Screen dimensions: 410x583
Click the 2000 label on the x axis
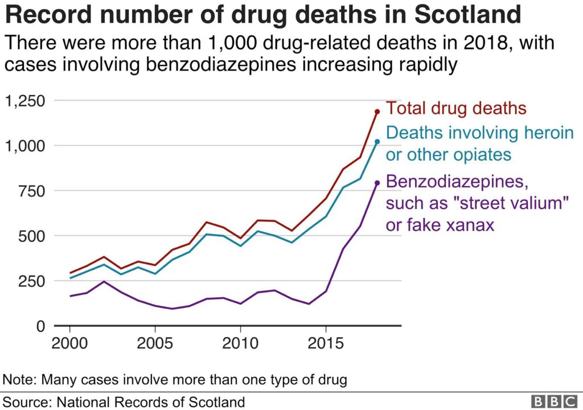[70, 345]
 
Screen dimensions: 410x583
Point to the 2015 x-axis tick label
[326, 345]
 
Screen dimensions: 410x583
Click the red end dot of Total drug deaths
[377, 112]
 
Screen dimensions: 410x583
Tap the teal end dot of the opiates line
[377, 141]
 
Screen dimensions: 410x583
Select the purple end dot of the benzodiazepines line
[377, 183]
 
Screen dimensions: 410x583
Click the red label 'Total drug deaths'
[455, 108]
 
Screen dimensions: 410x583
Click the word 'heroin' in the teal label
[544, 133]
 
